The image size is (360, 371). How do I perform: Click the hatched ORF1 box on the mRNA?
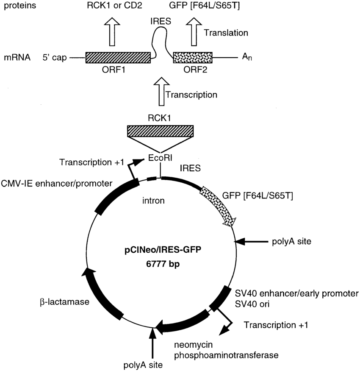pos(118,58)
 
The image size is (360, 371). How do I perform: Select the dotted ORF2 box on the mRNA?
pos(193,58)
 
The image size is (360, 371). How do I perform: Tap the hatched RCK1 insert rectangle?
pos(161,131)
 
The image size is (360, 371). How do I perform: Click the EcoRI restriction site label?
pos(160,158)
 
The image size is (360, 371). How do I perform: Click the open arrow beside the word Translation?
pos(196,32)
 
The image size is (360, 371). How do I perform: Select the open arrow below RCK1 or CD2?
pos(113,32)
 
